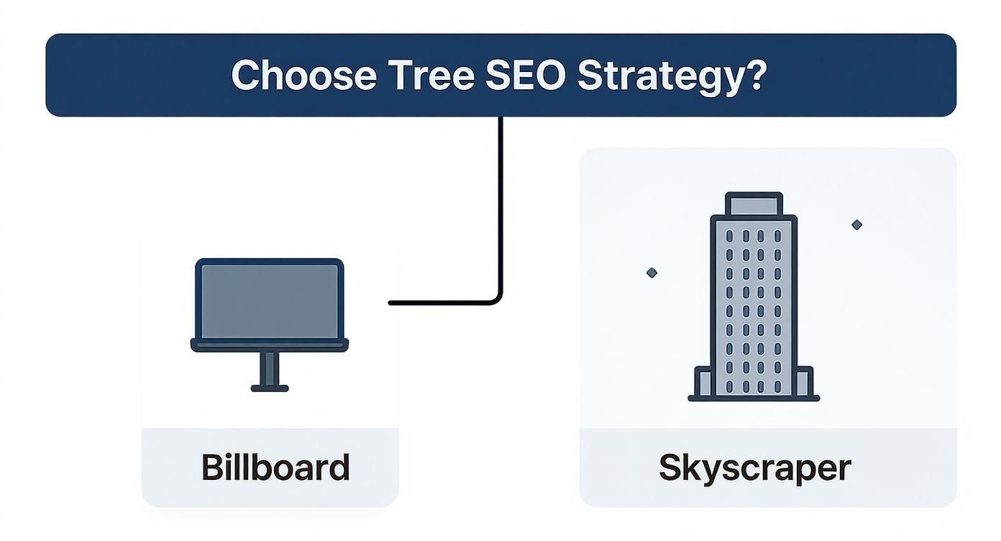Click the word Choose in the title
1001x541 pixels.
(x=303, y=75)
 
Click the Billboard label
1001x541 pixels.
(x=275, y=468)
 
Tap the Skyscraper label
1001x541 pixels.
(x=754, y=468)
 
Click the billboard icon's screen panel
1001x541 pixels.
(x=270, y=301)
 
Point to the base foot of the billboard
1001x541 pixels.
(x=270, y=388)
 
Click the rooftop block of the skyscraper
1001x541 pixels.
(x=754, y=204)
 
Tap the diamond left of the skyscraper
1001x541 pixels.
(x=652, y=273)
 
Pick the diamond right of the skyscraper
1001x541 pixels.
(x=856, y=225)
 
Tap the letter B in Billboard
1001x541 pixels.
(x=214, y=468)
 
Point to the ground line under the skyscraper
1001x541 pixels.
(x=754, y=398)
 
